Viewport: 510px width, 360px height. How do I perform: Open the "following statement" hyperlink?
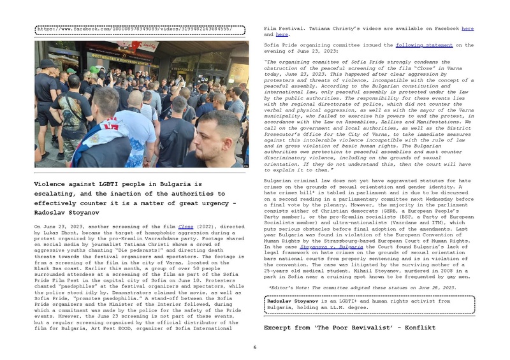(424, 45)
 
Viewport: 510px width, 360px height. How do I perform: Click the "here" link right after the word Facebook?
(467, 29)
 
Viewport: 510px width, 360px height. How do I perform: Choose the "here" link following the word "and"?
(282, 34)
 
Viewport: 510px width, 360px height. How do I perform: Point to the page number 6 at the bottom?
(254, 347)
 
